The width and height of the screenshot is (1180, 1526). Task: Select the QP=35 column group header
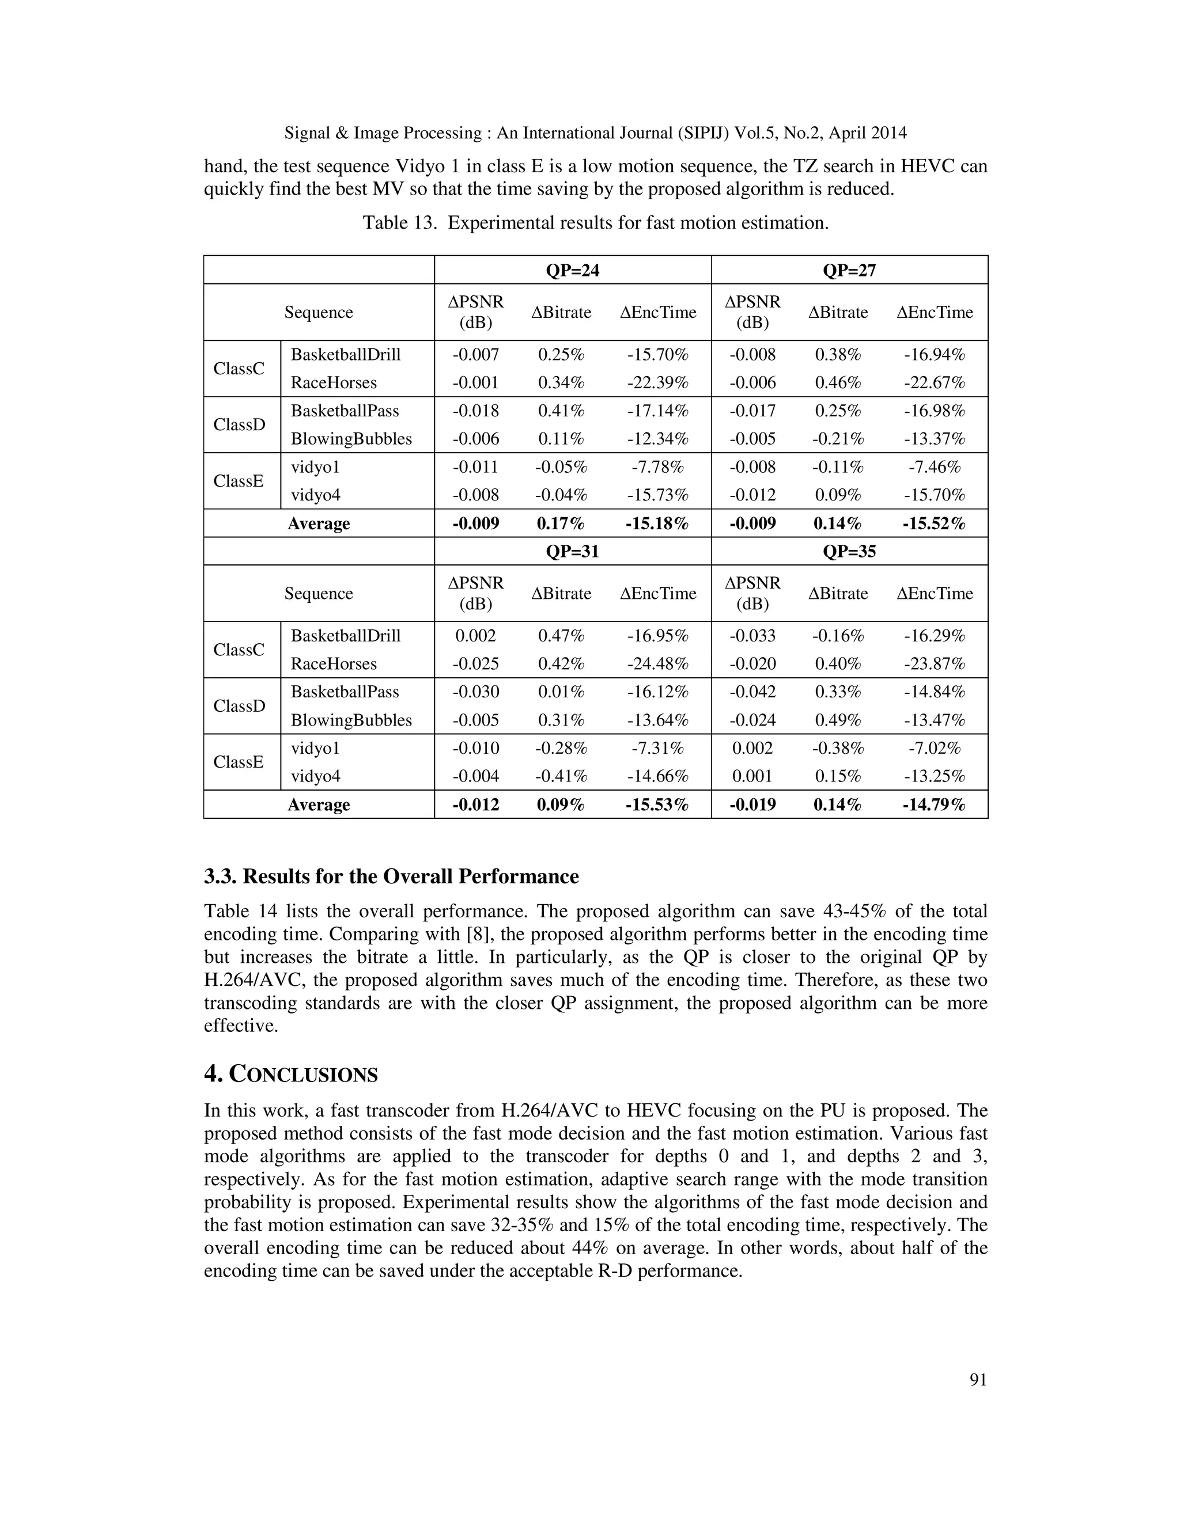tap(849, 551)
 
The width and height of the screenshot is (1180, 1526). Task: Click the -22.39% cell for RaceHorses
tap(657, 383)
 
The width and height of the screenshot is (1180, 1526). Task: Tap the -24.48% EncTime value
tap(657, 664)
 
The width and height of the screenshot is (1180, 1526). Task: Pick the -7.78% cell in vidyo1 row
tap(657, 467)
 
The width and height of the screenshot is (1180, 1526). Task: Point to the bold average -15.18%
tap(657, 523)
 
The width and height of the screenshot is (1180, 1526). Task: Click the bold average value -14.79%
tap(934, 804)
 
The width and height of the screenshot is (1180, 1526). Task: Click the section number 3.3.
tap(220, 877)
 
